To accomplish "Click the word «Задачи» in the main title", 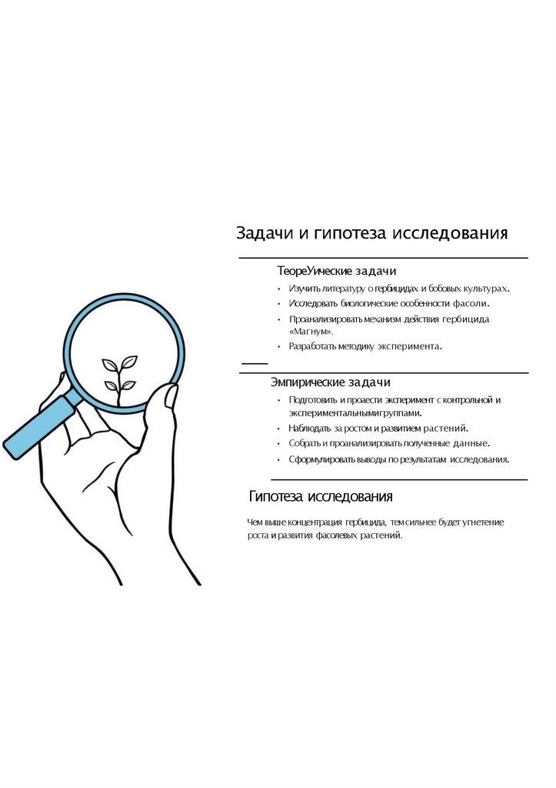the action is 265,233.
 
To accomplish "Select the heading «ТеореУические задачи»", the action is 337,271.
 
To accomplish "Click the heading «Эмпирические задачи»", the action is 331,382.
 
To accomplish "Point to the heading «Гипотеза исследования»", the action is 321,496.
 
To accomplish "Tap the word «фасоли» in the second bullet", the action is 470,303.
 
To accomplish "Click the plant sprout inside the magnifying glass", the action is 119,378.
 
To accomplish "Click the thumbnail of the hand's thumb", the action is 171,396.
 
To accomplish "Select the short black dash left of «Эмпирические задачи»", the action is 255,363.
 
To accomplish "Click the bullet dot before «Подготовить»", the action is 279,400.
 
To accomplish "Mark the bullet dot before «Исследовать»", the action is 279,304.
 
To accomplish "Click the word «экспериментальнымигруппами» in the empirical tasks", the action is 355,413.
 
